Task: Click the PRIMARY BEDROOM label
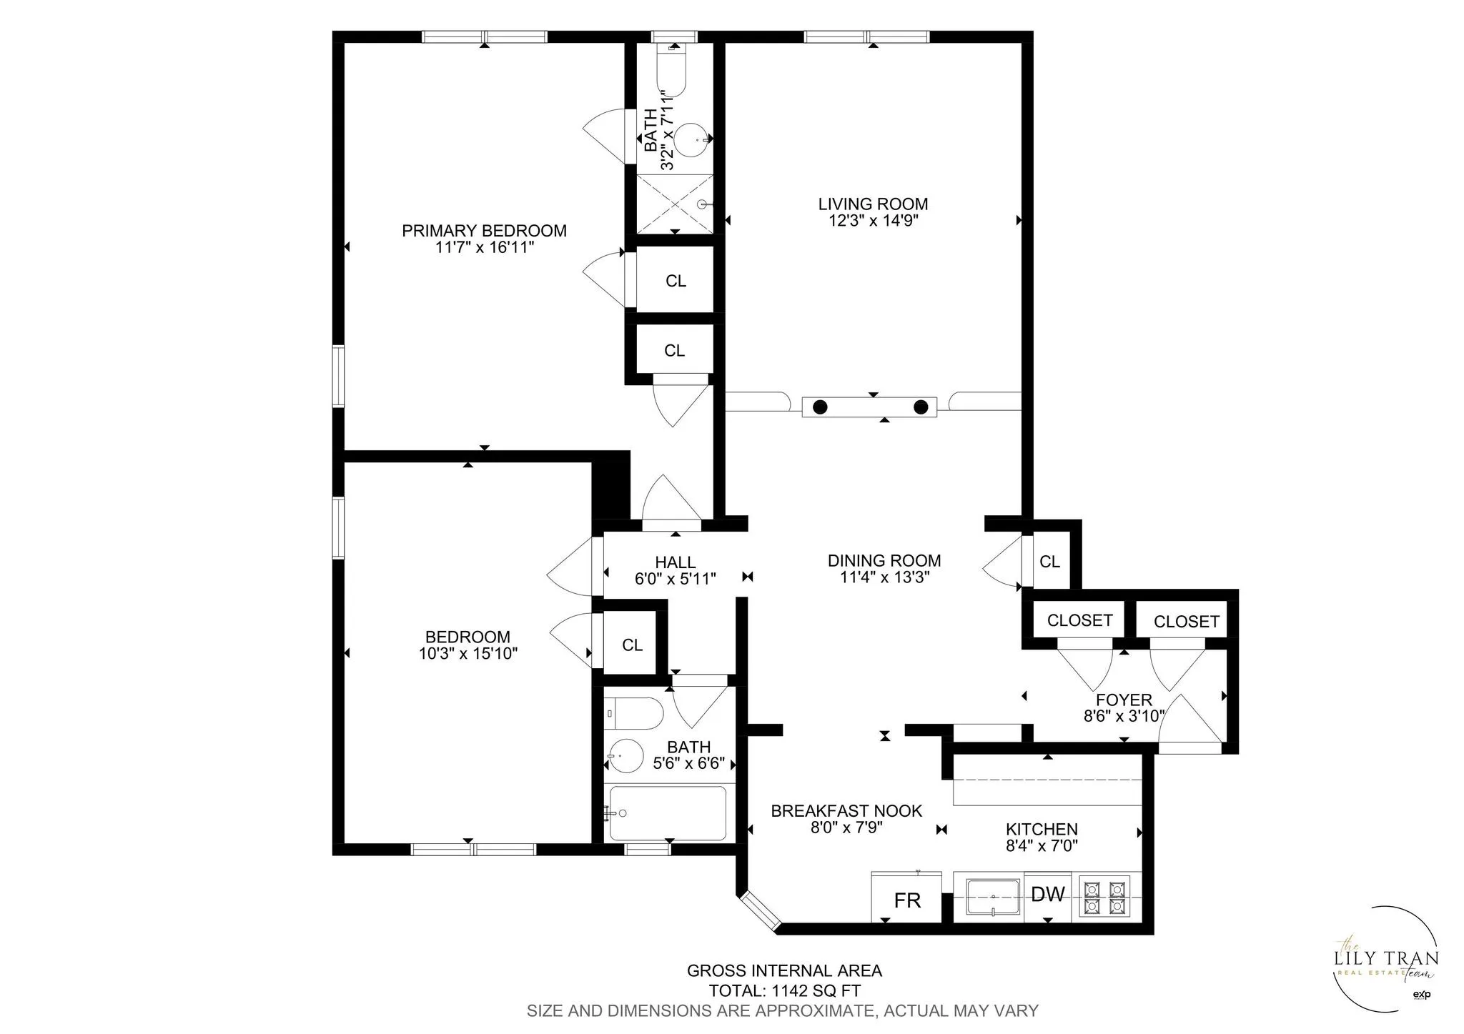coord(484,231)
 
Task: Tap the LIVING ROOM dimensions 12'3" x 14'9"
coord(873,221)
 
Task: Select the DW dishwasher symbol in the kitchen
coord(1047,894)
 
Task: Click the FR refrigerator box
coord(907,900)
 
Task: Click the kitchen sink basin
coord(993,897)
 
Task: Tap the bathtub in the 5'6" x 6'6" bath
coord(667,813)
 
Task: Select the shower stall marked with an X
coord(675,203)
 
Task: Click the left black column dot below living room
coord(820,407)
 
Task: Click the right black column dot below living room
coord(921,407)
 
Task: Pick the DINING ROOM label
coord(884,561)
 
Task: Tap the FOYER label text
coord(1124,700)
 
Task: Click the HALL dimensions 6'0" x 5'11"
coord(675,579)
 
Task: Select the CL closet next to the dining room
coord(1049,562)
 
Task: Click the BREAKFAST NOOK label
coord(846,811)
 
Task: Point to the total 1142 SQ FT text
coord(784,991)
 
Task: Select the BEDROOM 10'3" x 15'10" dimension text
coord(468,653)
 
